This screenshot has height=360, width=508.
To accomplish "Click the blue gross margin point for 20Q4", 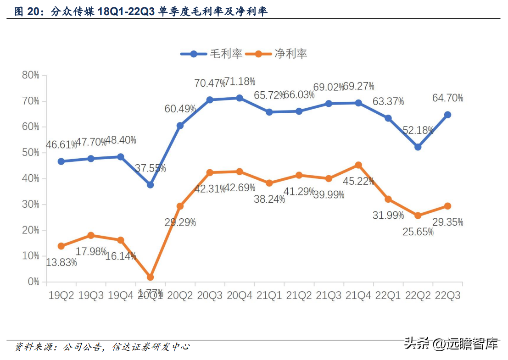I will [240, 98].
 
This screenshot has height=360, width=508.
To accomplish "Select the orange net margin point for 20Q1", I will [150, 277].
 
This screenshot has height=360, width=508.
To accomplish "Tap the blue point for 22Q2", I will [418, 147].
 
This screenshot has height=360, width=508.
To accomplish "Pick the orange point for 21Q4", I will [358, 165].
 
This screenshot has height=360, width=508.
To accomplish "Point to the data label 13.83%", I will [61, 263].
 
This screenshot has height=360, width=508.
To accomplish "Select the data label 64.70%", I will [447, 98].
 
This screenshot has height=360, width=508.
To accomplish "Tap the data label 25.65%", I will [418, 232].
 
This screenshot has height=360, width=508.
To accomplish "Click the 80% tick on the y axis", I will [30, 75].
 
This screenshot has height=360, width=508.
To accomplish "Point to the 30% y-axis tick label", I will [30, 205].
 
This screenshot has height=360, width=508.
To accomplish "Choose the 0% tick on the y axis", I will [33, 282].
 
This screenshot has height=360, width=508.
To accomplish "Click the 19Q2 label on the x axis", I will [61, 296].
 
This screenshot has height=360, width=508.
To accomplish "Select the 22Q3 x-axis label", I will [447, 296].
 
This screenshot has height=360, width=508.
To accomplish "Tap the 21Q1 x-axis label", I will [269, 296].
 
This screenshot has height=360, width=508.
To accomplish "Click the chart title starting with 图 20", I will [141, 11].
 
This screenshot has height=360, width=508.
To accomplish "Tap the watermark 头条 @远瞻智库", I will [451, 344].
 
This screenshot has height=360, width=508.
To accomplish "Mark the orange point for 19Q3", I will [91, 235].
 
